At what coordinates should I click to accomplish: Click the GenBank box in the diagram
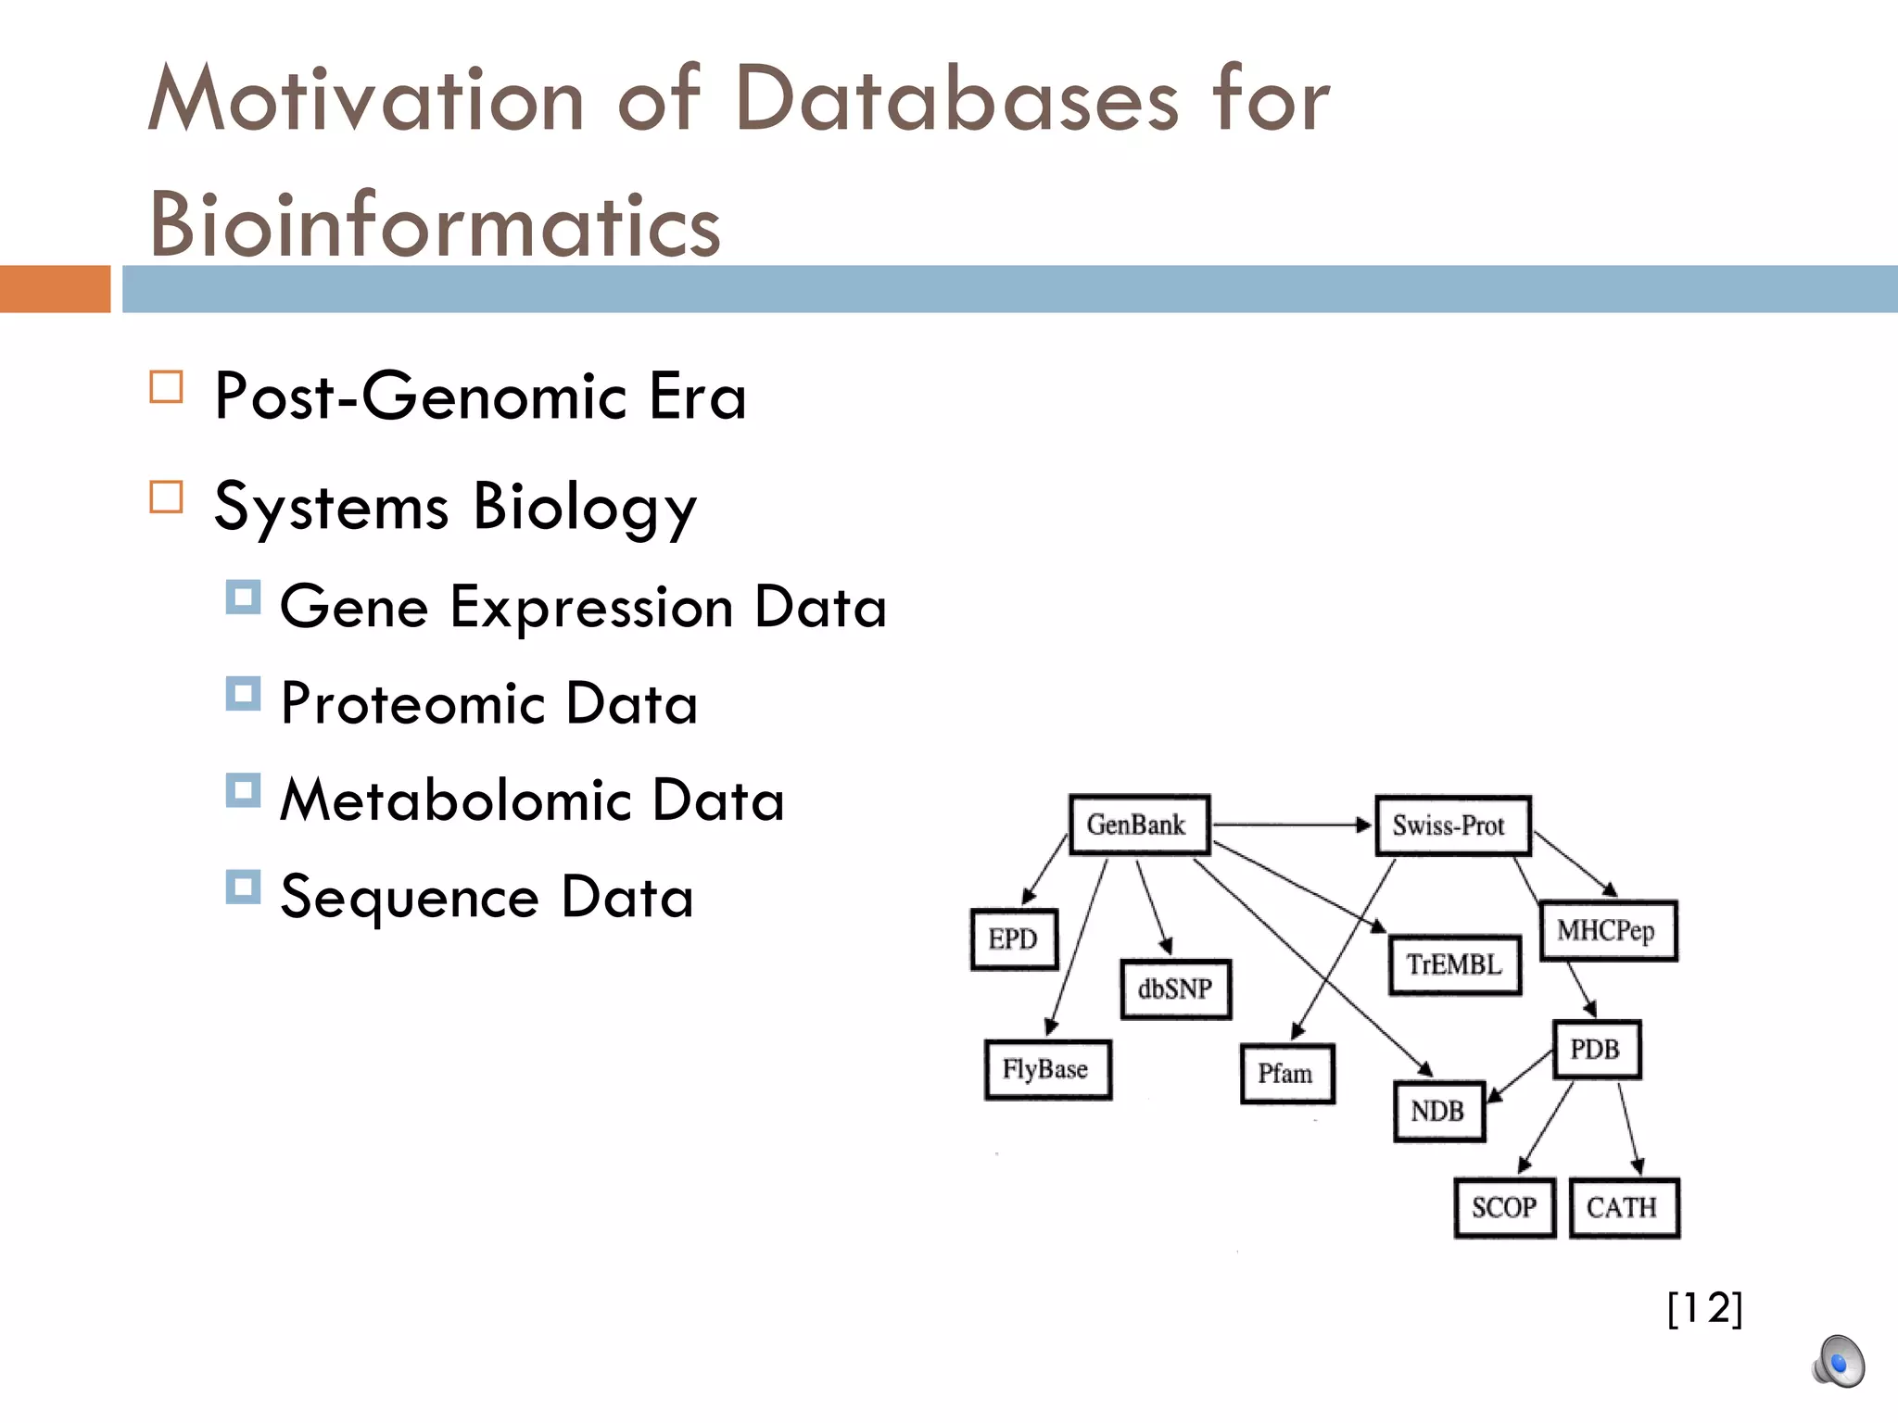(x=1139, y=825)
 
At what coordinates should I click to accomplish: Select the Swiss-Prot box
(x=1452, y=825)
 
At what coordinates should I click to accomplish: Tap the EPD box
(x=1014, y=939)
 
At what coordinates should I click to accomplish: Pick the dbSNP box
(x=1175, y=989)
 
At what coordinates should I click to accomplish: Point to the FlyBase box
(x=1047, y=1070)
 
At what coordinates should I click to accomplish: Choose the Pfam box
(x=1287, y=1074)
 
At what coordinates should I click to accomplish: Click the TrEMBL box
(x=1455, y=965)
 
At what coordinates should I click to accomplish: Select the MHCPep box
(x=1608, y=930)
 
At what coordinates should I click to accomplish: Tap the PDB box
(x=1596, y=1050)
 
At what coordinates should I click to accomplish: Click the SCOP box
(x=1504, y=1207)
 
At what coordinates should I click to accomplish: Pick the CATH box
(x=1624, y=1207)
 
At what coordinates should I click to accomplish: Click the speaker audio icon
(x=1838, y=1362)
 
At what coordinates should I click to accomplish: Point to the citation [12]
(x=1704, y=1308)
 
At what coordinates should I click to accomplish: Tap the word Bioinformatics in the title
(x=435, y=225)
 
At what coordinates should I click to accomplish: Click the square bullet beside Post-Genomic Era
(x=167, y=386)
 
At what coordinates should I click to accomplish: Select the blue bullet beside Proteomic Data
(x=243, y=694)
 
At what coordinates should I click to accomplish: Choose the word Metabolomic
(x=455, y=800)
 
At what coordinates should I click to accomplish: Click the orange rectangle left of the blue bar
(x=55, y=289)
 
